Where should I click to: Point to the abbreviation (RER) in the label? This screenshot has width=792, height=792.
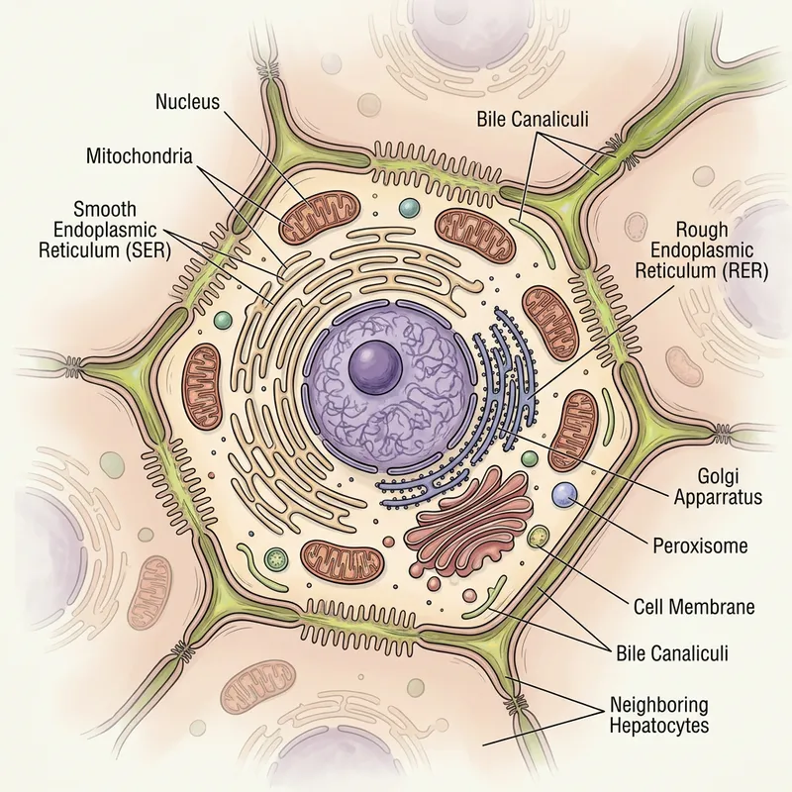point(741,271)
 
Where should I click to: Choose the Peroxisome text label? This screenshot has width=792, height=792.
point(700,545)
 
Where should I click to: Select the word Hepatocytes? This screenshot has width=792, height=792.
point(660,727)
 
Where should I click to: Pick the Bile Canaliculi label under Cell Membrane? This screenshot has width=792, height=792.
point(672,652)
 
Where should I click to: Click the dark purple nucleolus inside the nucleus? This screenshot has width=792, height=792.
point(375,366)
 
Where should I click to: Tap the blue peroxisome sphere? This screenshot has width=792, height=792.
point(564,494)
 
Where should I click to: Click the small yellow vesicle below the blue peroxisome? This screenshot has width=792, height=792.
point(539,538)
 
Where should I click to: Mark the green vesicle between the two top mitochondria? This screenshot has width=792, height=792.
point(409,209)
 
